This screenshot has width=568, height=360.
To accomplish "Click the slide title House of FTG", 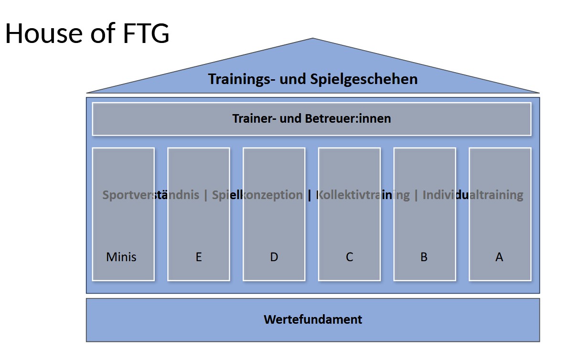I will click(x=87, y=33).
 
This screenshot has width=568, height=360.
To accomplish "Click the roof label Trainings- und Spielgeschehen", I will click(x=312, y=79).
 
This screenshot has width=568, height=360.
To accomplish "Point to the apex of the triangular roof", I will click(x=313, y=39).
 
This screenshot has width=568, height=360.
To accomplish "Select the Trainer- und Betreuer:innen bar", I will click(x=311, y=118).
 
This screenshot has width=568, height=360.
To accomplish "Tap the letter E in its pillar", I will click(x=199, y=257).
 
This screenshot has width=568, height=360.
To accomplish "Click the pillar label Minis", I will click(x=121, y=257).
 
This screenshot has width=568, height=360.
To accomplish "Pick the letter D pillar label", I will click(x=274, y=257).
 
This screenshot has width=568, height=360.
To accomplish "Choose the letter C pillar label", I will click(x=349, y=257).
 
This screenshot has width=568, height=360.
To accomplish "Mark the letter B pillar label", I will click(x=424, y=257).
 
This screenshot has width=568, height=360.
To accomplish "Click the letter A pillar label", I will click(x=499, y=257).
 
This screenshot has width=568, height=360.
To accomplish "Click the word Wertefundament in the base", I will click(x=313, y=319).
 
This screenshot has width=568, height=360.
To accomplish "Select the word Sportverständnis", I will click(x=151, y=195).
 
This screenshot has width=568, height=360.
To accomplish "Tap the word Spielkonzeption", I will click(x=257, y=195).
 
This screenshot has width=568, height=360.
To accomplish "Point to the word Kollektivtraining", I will click(x=363, y=195).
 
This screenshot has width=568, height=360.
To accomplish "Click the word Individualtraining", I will click(x=473, y=195).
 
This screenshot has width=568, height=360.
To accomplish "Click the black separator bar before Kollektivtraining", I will click(x=310, y=195).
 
